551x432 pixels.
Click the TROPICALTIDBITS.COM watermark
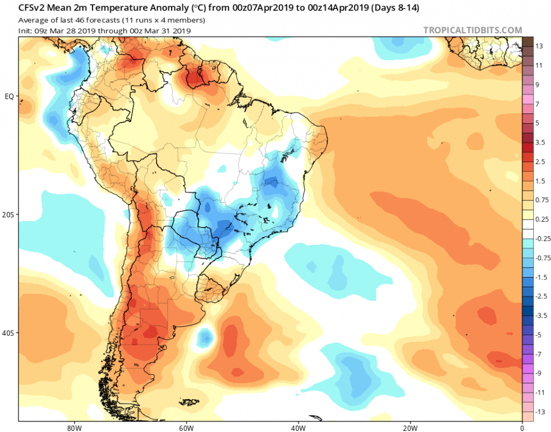pyautogui.click(x=473, y=30)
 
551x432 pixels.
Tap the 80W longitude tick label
pyautogui.click(x=73, y=428)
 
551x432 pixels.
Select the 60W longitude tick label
pyautogui.click(x=185, y=428)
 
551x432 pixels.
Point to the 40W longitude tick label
pyautogui.click(x=297, y=428)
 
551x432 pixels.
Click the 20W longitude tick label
pyautogui.click(x=409, y=428)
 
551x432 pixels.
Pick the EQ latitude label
pyautogui.click(x=9, y=96)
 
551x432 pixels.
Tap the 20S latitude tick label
pyautogui.click(x=9, y=215)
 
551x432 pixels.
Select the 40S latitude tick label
pyautogui.click(x=9, y=334)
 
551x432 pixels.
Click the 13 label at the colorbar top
pyautogui.click(x=539, y=46)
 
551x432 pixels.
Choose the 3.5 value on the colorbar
pyautogui.click(x=539, y=142)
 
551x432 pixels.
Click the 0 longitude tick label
pyautogui.click(x=522, y=428)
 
